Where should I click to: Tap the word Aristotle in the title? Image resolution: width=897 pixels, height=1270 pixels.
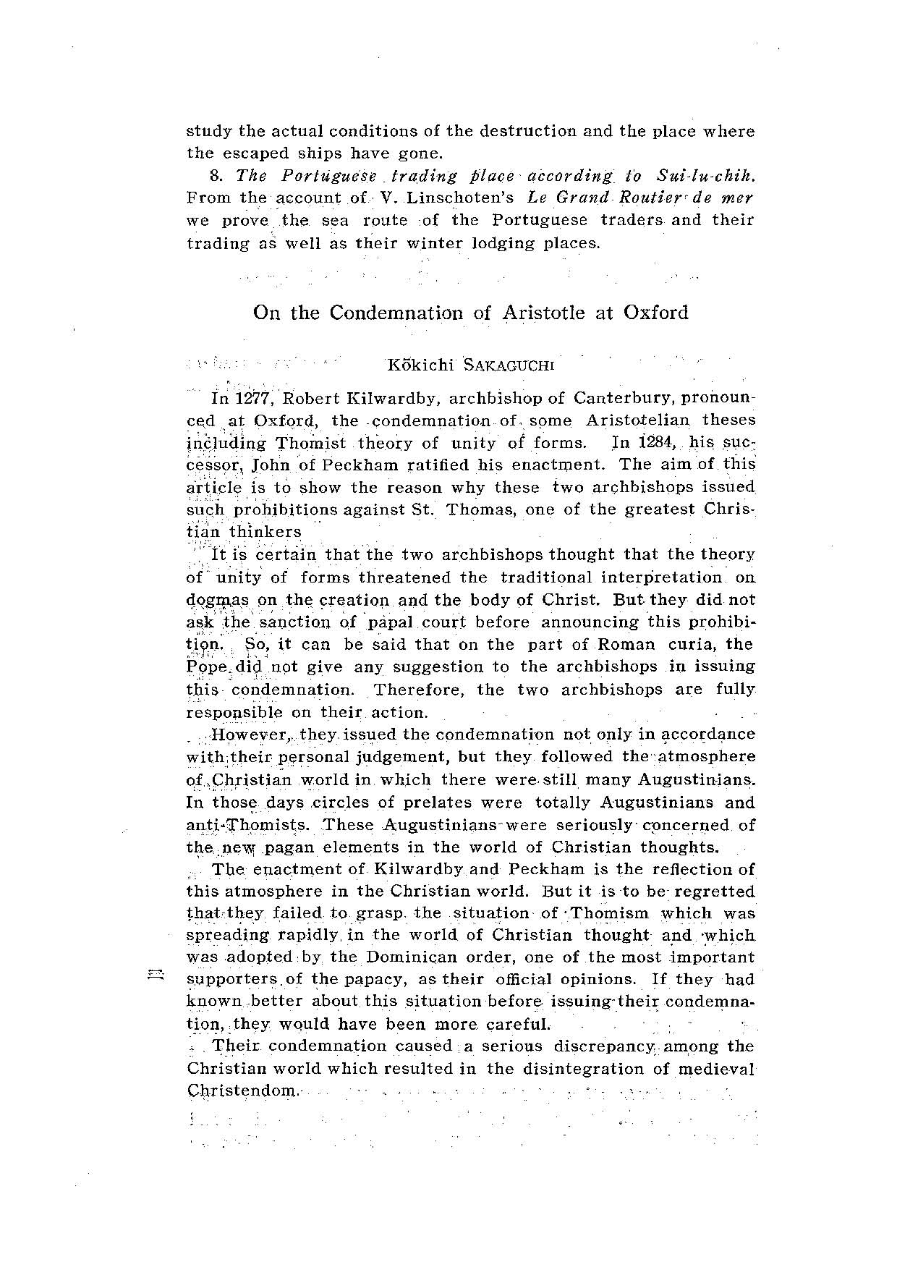543,313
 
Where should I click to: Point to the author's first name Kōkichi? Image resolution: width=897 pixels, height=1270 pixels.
420,365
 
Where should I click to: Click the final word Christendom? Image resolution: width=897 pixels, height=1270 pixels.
242,1091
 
